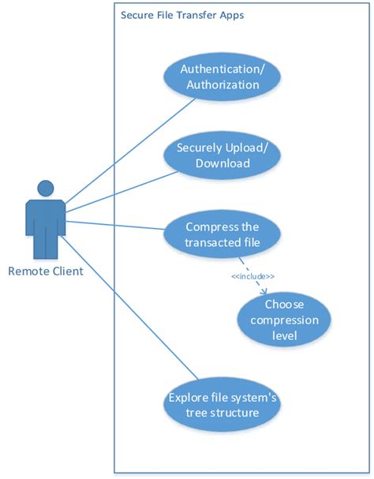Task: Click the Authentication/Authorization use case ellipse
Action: point(222,77)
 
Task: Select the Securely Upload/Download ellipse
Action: point(223,155)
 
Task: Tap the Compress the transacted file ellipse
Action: point(223,234)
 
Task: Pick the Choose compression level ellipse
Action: point(284,320)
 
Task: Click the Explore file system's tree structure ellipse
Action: point(223,404)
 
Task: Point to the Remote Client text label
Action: point(45,271)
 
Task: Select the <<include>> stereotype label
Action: point(252,276)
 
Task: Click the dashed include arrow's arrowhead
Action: point(261,291)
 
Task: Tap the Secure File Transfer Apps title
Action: point(171,14)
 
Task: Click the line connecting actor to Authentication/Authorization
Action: point(130,152)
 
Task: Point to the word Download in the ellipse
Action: point(223,164)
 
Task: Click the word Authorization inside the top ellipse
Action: point(222,84)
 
